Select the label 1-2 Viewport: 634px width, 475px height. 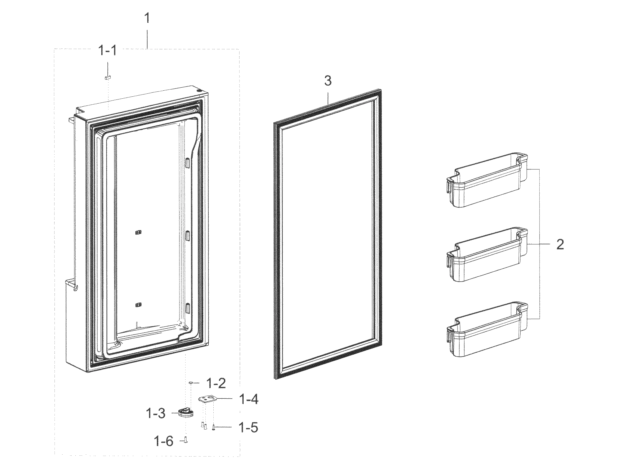pos(216,384)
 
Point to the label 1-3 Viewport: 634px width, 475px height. pos(156,413)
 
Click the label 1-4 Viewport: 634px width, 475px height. pos(248,399)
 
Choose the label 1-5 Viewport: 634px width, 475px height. pos(248,428)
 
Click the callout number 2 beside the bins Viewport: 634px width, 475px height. pos(560,244)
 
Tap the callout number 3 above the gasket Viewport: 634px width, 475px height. pos(328,81)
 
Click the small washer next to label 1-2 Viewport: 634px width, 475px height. pos(191,383)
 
